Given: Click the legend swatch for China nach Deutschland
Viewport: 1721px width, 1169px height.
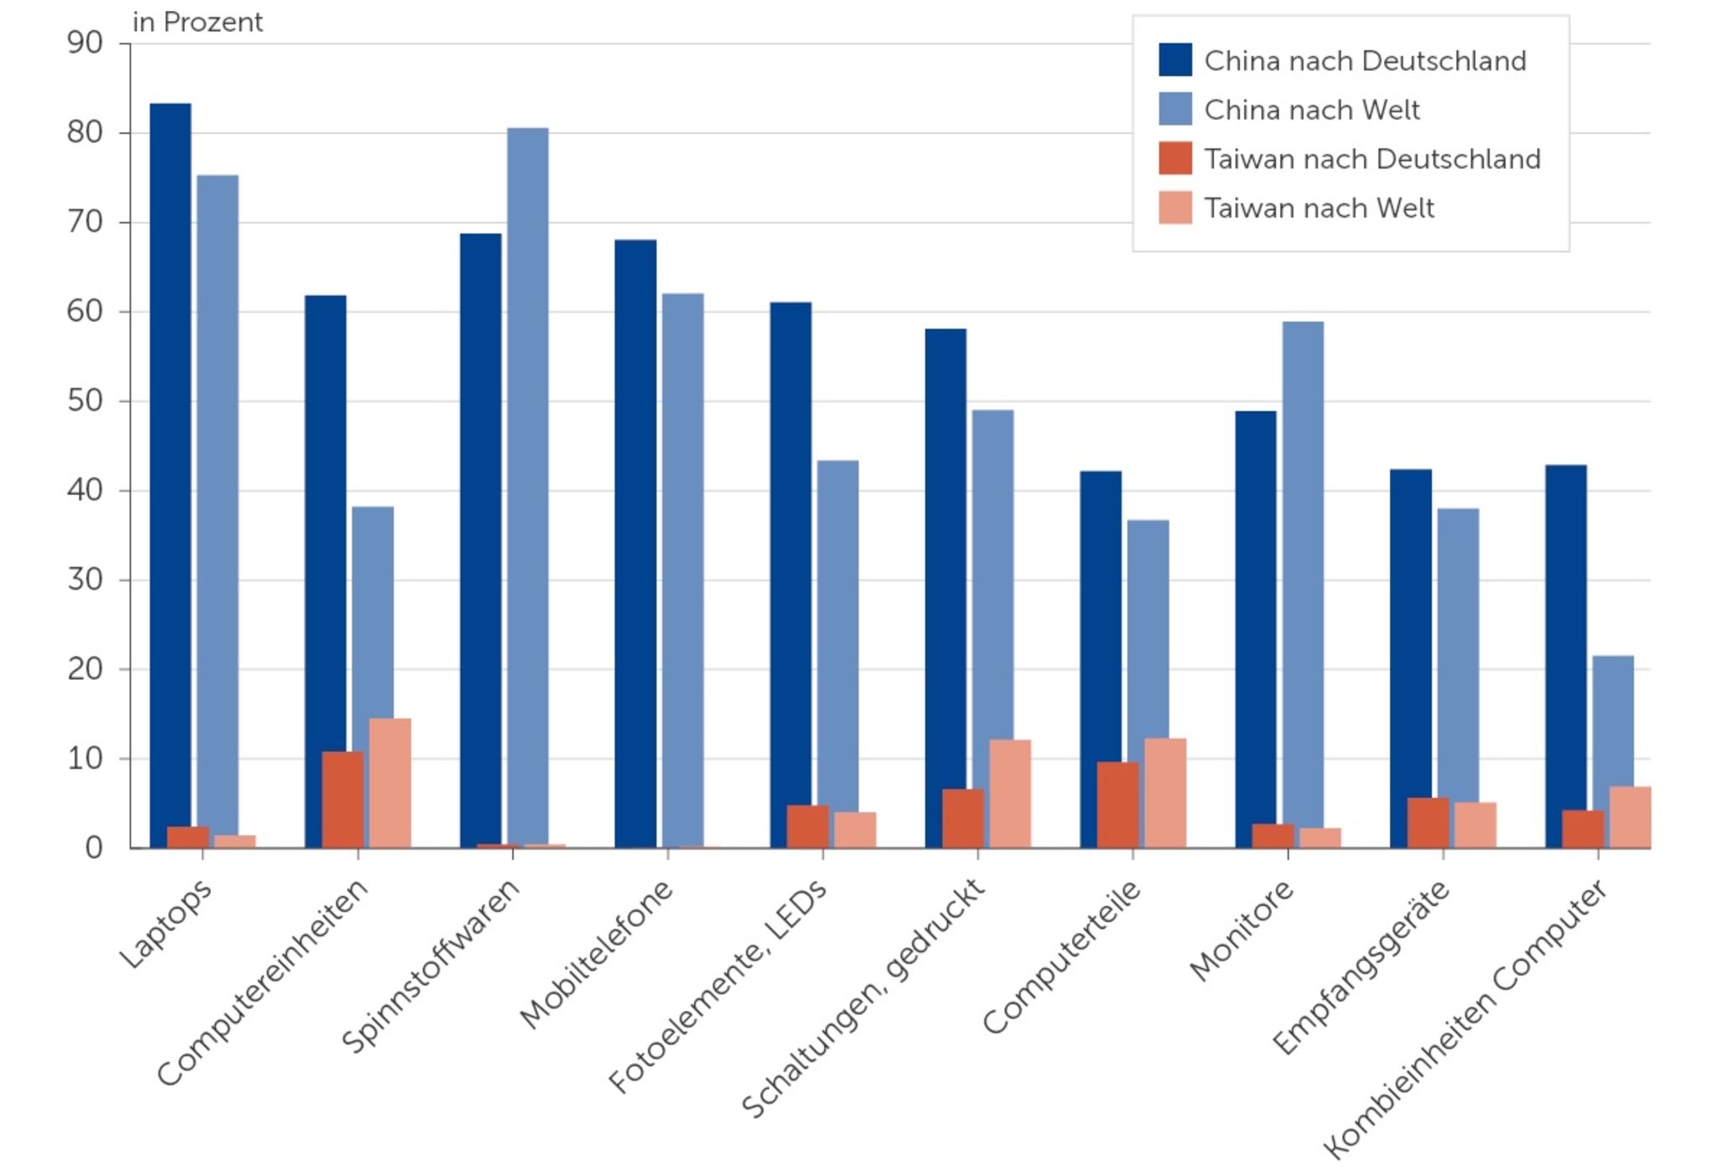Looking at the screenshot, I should point(1175,61).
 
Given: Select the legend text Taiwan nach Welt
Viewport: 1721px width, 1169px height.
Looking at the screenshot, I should point(1318,208).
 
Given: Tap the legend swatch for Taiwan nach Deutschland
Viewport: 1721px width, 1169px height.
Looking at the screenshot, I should point(1175,159).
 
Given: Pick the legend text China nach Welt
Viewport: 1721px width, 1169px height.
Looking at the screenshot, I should point(1311,110).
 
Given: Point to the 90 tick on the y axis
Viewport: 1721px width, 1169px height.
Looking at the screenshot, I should point(85,43).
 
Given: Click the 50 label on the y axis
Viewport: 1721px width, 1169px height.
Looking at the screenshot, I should point(85,401).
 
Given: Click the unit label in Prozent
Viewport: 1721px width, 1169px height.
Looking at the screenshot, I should point(197,23).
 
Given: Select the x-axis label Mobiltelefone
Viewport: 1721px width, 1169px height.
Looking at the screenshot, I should point(597,954).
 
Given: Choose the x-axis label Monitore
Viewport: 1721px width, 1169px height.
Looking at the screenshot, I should point(1242,930).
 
